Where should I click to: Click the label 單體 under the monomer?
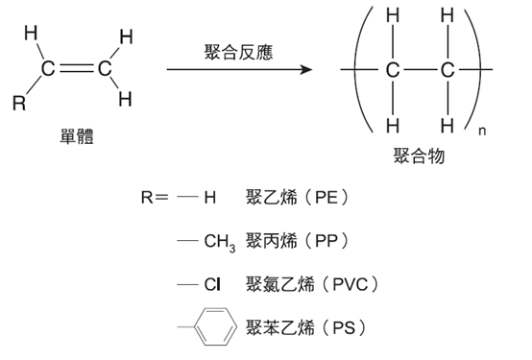[x=76, y=137]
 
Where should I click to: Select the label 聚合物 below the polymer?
[x=419, y=156]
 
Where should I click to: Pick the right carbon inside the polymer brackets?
[x=446, y=71]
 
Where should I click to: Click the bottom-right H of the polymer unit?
[x=446, y=126]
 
